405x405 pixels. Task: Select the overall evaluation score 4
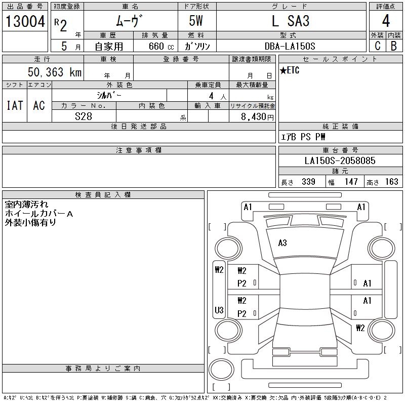point(386,22)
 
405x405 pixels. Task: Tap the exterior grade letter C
point(377,46)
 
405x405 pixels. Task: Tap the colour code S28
point(84,116)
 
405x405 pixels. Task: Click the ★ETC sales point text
point(290,70)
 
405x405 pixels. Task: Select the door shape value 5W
point(196,22)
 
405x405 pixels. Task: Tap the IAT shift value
point(15,105)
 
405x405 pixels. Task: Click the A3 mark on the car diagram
point(282,243)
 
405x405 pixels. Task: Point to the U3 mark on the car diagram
point(219,310)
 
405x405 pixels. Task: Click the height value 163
point(391,182)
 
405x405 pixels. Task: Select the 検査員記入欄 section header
point(103,195)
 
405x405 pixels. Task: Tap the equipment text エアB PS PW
point(303,137)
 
